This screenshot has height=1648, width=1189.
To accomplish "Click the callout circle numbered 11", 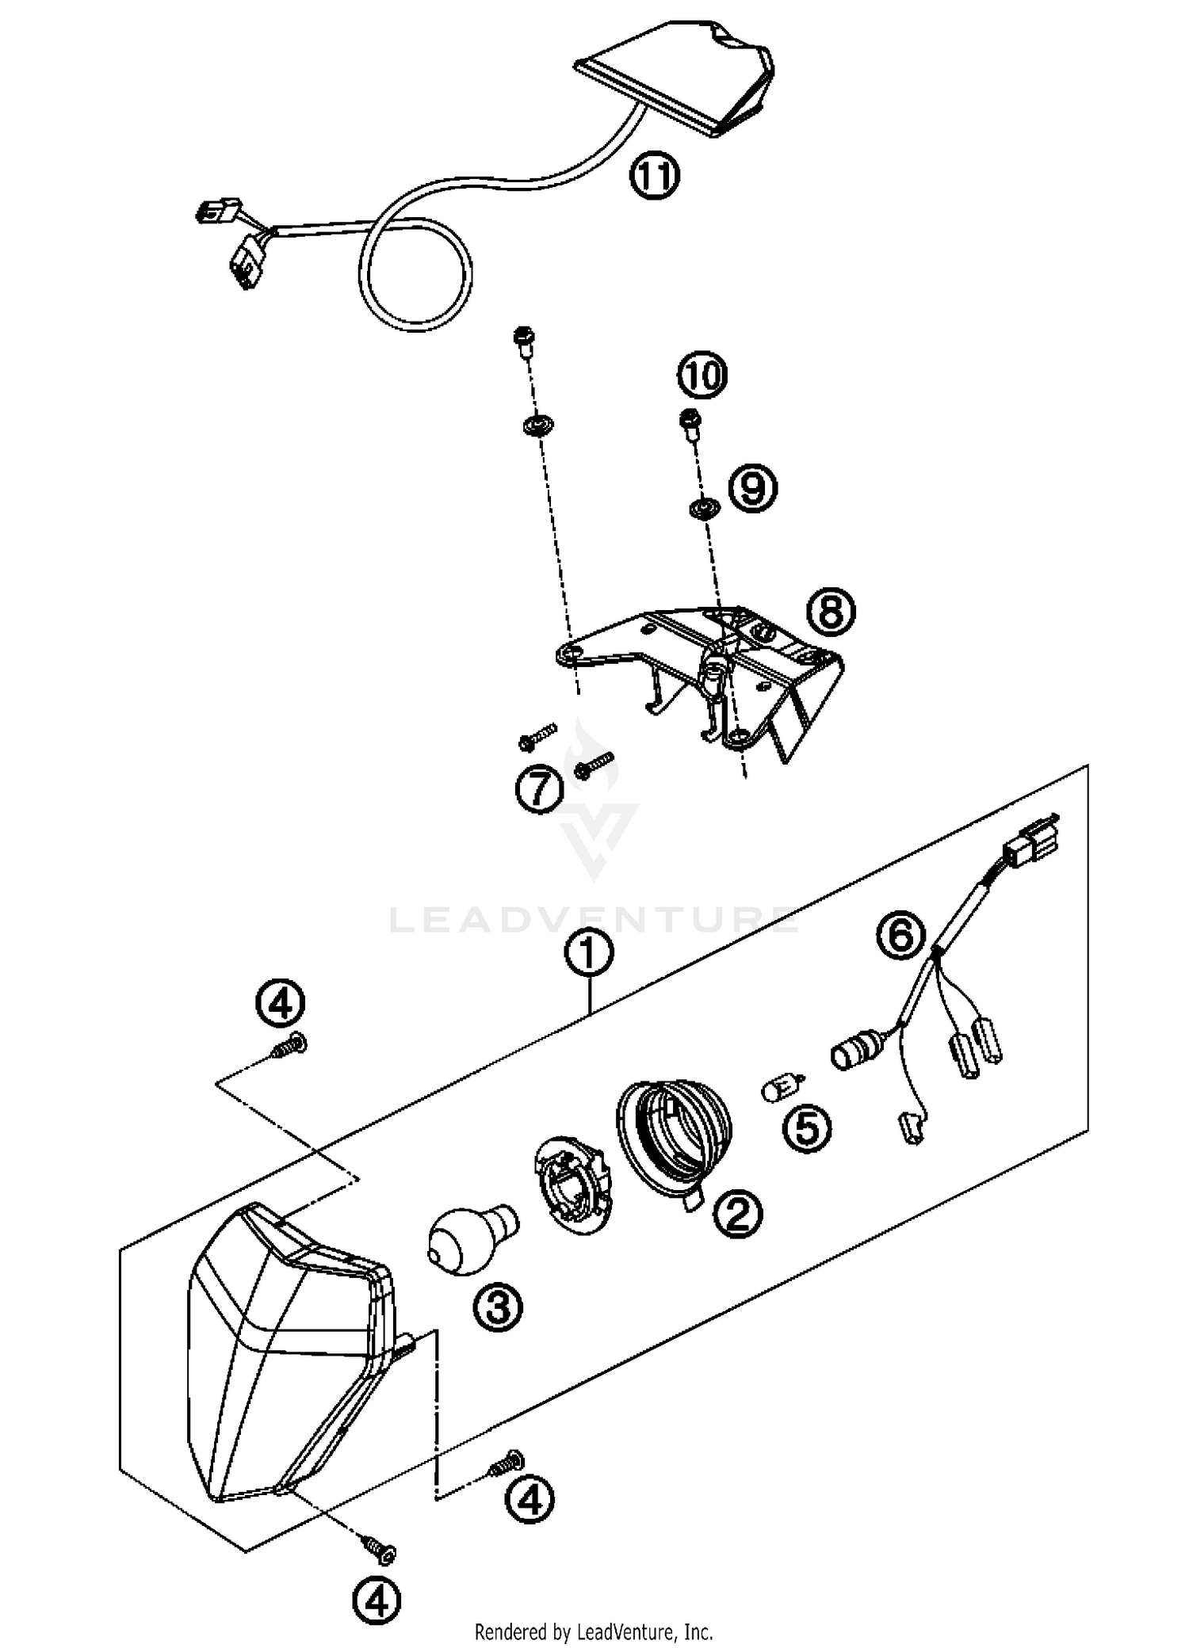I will pos(655,176).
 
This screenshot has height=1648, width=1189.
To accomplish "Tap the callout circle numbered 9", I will pos(752,488).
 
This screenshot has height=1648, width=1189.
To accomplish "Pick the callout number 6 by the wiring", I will pos(900,936).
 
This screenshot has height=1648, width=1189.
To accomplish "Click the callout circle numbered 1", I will pos(589,955).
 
